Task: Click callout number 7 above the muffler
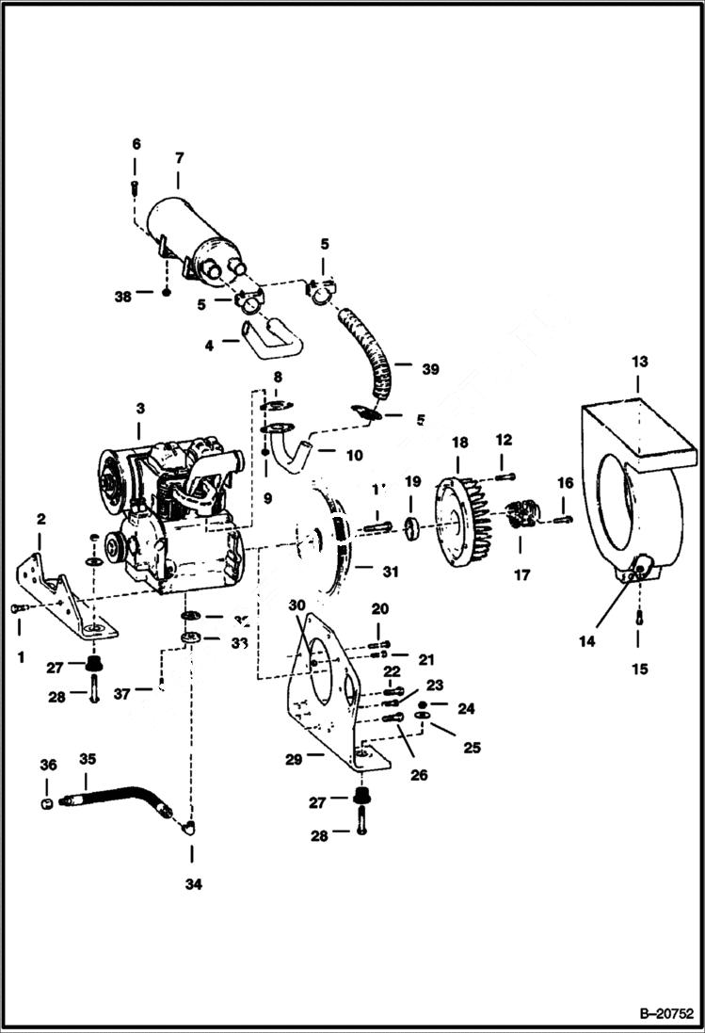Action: (x=179, y=156)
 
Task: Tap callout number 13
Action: (x=639, y=362)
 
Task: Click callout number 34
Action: (x=193, y=884)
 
